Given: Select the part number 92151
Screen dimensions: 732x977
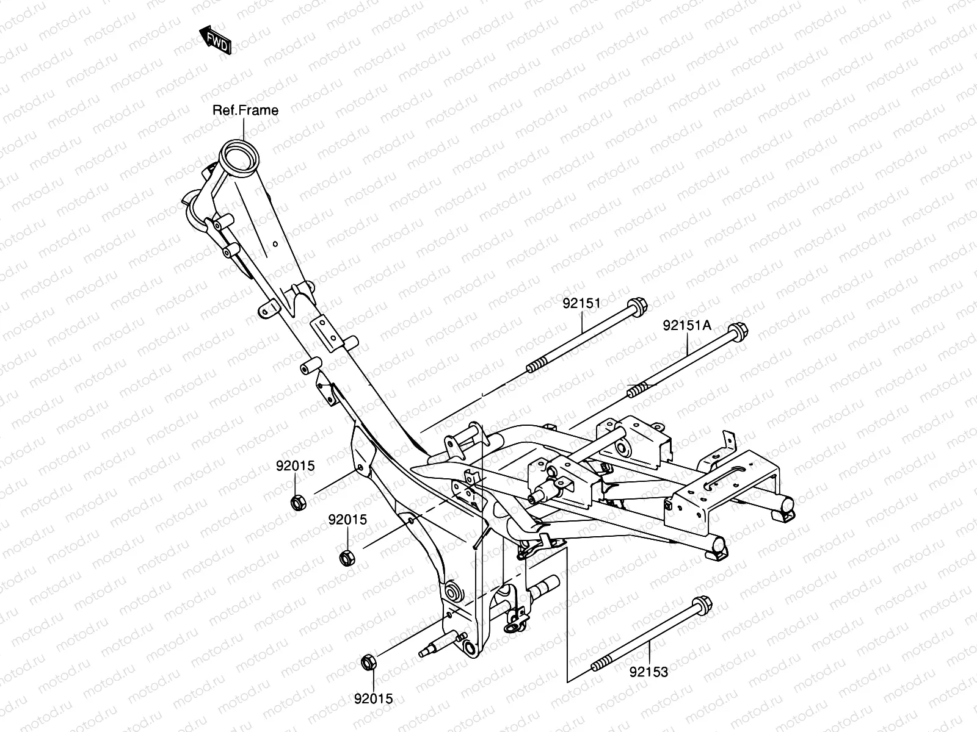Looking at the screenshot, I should tap(581, 303).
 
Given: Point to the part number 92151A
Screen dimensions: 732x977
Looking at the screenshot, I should tap(687, 326).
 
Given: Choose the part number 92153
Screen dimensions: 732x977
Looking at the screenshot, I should tap(649, 672).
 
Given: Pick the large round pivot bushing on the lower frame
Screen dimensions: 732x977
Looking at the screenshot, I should tap(454, 592).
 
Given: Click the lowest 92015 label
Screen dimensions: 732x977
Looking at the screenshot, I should tap(373, 699).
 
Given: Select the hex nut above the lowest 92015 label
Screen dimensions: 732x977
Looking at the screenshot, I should tap(369, 661).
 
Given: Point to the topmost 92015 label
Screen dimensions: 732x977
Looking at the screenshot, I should tap(295, 466).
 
